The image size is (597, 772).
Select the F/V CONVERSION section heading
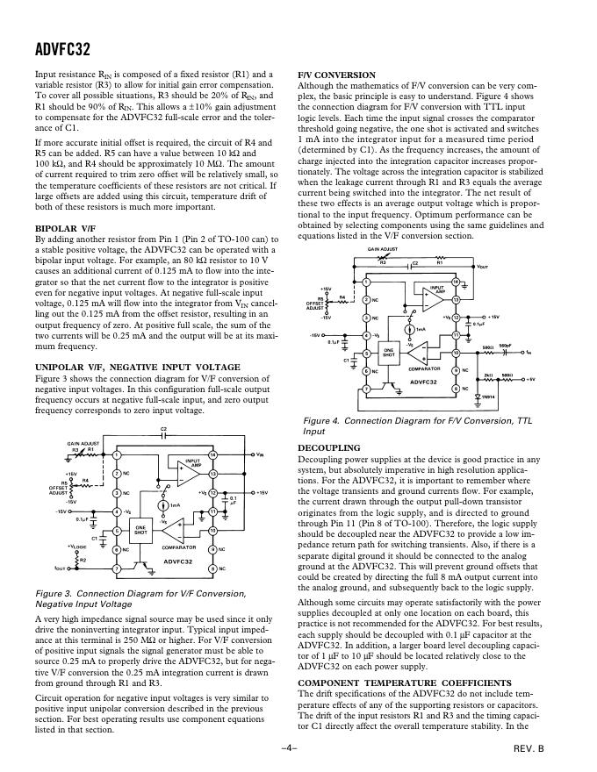(x=337, y=75)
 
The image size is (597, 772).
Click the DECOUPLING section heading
(x=329, y=447)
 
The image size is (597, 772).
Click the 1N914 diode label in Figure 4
(x=468, y=396)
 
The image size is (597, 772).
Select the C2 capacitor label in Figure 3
(x=163, y=429)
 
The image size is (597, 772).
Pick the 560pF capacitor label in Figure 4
(x=505, y=345)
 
